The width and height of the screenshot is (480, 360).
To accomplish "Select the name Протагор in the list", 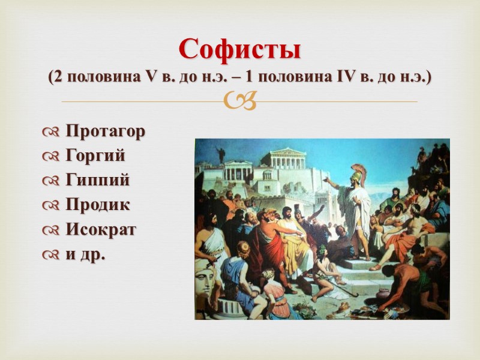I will pyautogui.click(x=105, y=131).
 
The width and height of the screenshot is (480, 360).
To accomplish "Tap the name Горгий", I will pyautogui.click(x=95, y=155).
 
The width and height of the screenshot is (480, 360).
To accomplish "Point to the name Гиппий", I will pyautogui.click(x=97, y=180).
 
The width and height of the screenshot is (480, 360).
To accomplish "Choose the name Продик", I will pyautogui.click(x=98, y=205).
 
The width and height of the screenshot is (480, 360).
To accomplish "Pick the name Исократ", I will pyautogui.click(x=101, y=229).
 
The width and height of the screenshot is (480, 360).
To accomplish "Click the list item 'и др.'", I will pyautogui.click(x=85, y=254).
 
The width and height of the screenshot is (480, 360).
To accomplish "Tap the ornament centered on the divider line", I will pyautogui.click(x=239, y=102).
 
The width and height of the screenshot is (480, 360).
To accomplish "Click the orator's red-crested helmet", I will pyautogui.click(x=359, y=172).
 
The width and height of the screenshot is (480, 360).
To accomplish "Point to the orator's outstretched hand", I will pyautogui.click(x=326, y=178).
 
